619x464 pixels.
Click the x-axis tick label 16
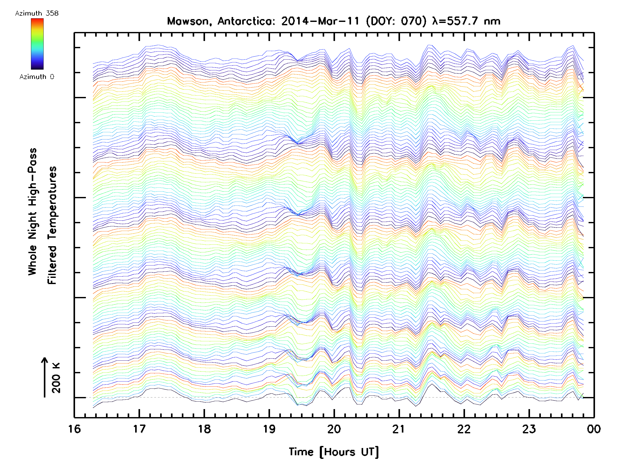(75, 429)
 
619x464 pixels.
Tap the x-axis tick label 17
(139, 429)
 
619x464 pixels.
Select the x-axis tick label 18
(204, 429)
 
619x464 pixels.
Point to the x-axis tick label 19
(269, 429)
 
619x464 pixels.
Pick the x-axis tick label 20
(334, 429)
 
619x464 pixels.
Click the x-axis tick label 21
(399, 429)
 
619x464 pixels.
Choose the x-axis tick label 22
(464, 429)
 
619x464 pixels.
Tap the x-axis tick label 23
(529, 429)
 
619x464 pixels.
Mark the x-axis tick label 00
(594, 429)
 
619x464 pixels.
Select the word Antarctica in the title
(246, 21)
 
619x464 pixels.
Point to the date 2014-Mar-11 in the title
(320, 21)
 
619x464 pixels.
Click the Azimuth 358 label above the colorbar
(37, 13)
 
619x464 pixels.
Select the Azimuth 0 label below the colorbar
(37, 77)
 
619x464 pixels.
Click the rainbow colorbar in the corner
(37, 44)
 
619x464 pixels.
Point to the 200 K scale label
(56, 378)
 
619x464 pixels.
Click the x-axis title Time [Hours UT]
(334, 452)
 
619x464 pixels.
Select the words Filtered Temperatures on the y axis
(52, 225)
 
